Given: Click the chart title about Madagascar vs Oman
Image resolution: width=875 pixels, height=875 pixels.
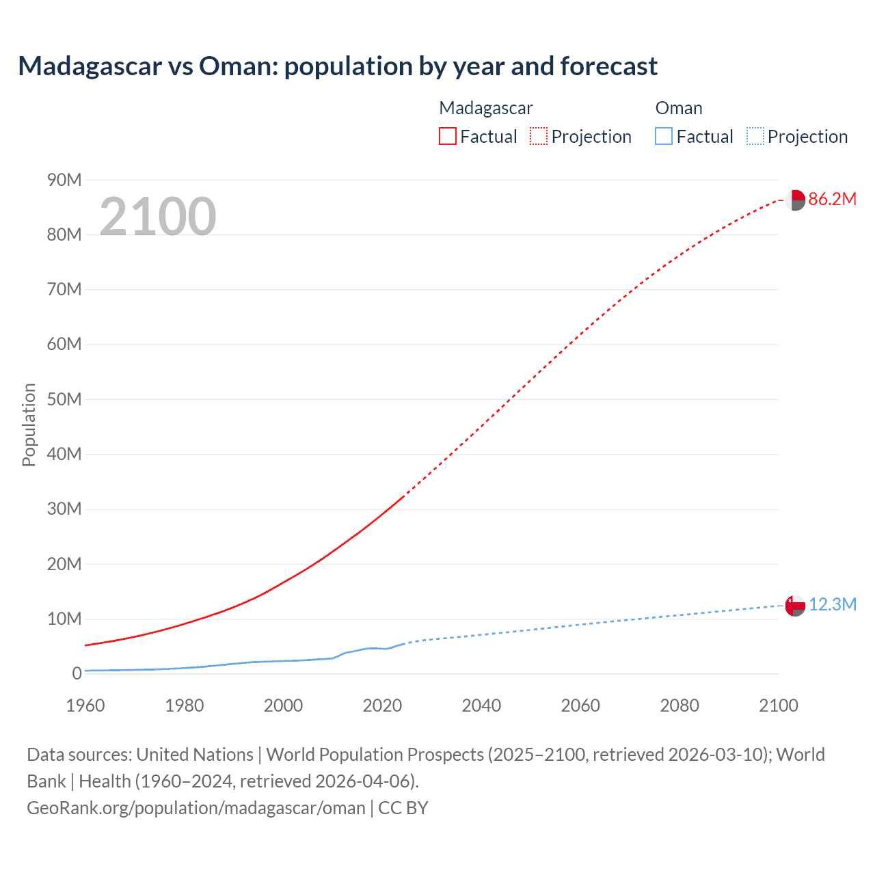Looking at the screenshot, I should pos(338,66).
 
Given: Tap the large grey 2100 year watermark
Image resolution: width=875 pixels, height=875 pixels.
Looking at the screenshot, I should pos(158,217).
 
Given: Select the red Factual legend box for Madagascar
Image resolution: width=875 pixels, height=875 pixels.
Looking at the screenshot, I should pos(447,136).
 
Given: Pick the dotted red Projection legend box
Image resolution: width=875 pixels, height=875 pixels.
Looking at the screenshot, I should pos(539,136).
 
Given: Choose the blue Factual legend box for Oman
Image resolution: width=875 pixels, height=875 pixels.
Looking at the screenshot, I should pos(663,136).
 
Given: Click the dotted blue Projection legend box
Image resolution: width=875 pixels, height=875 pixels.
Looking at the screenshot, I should pos(755,136).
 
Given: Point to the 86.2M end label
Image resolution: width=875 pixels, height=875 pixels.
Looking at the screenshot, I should pos(832,199).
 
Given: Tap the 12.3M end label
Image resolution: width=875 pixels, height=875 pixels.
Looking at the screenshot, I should pos(833,604).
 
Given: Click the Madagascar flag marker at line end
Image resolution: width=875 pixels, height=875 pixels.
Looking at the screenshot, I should pos(795,200).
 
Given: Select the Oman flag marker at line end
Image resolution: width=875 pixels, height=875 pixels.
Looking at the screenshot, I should pos(795,606).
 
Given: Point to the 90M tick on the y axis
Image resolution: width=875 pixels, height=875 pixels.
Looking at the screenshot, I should pos(64,180).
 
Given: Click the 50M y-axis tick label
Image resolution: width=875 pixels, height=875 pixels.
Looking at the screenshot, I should pos(64,399).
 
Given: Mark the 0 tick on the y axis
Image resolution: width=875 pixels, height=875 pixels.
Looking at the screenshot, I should pos(77,673).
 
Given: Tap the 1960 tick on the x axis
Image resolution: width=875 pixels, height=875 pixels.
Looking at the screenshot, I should pos(85,705).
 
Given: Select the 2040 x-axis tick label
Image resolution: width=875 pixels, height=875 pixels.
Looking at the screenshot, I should pos(481,705).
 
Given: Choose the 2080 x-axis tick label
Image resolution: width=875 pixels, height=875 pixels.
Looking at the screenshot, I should pos(679,705).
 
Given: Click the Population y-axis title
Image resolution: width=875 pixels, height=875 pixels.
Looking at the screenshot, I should pos(29,425).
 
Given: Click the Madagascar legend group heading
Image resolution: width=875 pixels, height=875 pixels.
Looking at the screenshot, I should pos(485,108).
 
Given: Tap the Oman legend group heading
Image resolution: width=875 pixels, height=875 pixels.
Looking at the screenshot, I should pos(678,108).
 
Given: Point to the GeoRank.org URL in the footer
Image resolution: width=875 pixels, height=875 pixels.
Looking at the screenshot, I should pos(196,807).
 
